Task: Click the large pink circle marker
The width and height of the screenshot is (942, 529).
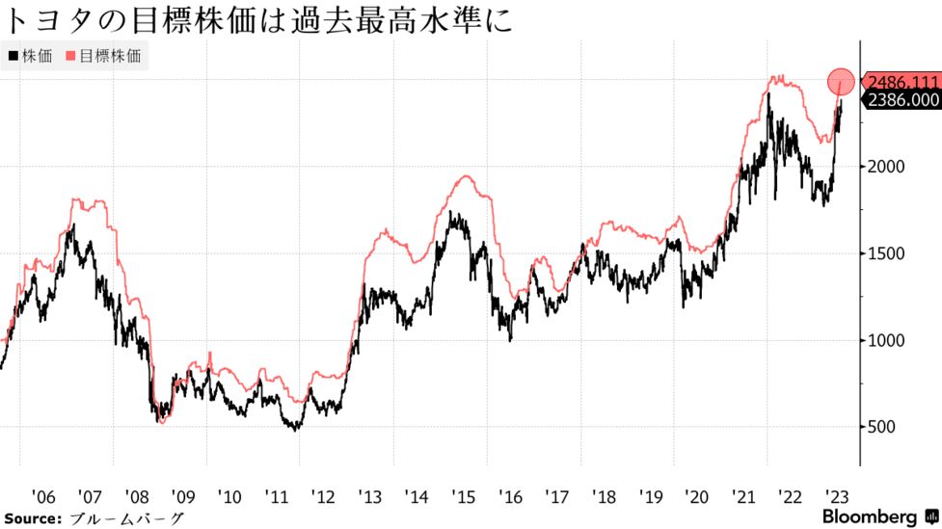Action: pos(840,82)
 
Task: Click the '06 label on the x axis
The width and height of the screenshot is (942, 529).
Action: pos(43,496)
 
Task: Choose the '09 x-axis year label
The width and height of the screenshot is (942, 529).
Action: pos(182,496)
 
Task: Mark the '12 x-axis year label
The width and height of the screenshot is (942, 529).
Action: pos(322,496)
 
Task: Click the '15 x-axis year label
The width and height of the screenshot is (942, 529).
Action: pos(463,496)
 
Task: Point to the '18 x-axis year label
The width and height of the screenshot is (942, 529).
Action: pos(604,496)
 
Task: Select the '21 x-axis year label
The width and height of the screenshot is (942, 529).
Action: pos(743,496)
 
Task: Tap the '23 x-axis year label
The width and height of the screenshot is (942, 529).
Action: pos(837,496)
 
